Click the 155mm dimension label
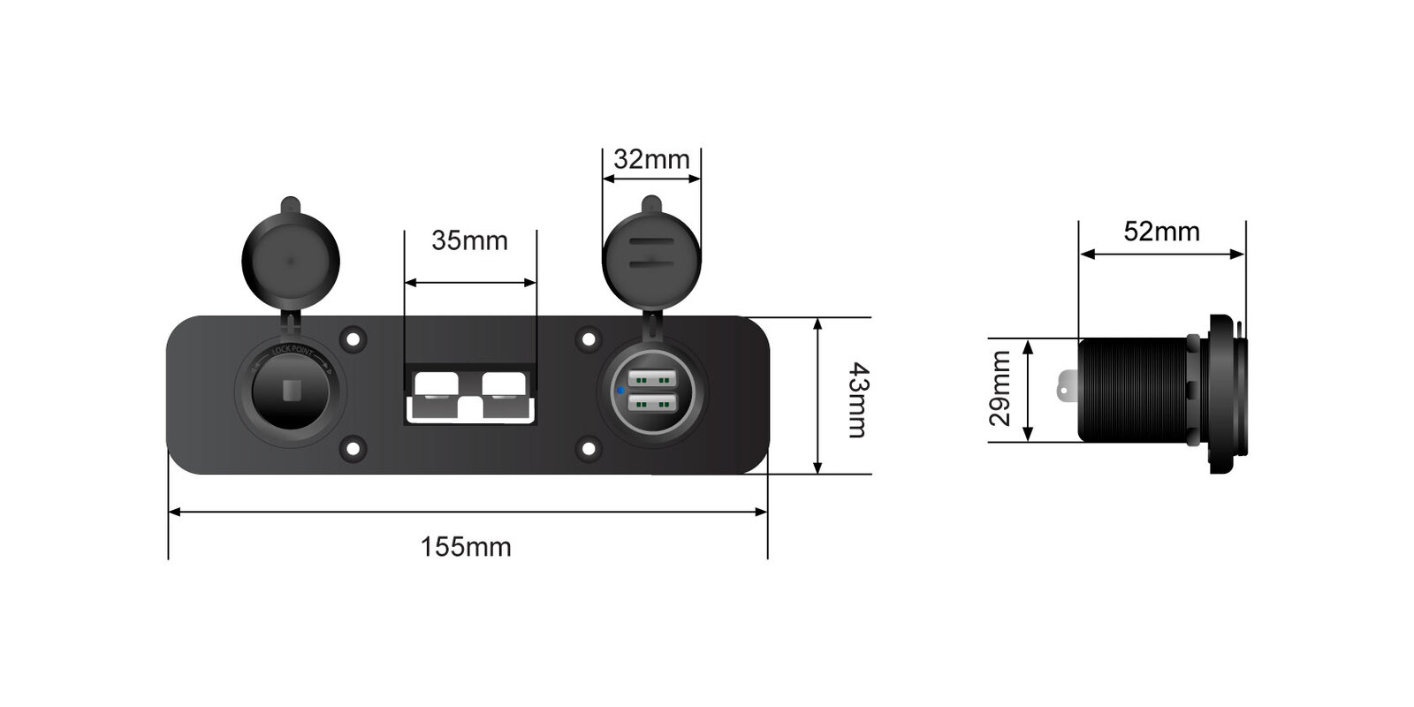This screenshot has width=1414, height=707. pos(466,547)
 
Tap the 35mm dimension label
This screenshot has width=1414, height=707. pos(469,240)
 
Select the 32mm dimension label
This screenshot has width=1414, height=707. pos(651,160)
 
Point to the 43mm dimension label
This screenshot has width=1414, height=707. pos(859,400)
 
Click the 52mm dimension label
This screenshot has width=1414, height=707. pos(1161,232)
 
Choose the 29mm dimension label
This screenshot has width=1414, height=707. pos(1000,388)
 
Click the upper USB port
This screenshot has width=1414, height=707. pos(652,379)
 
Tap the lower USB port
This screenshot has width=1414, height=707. pos(652,401)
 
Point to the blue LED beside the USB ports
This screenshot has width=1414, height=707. pos(620,390)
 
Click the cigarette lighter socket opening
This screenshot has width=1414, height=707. pos(291,392)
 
